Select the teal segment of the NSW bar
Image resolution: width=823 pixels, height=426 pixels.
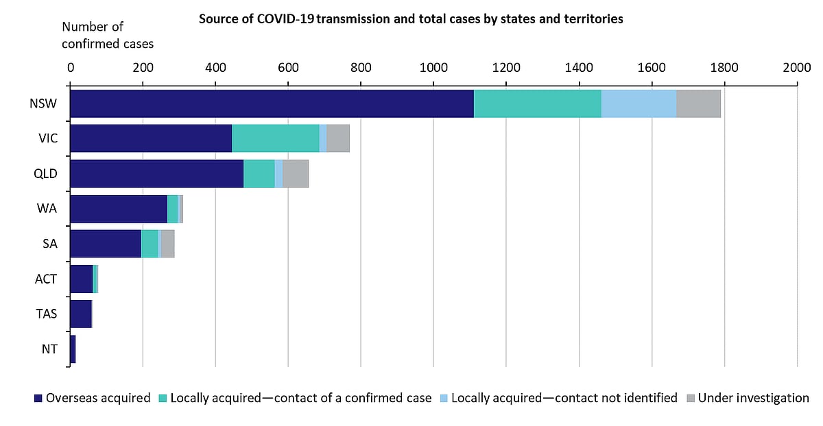[x=537, y=103]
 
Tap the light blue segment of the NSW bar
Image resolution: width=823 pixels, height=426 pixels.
[x=639, y=103]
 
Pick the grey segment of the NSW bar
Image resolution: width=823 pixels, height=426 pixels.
[x=698, y=103]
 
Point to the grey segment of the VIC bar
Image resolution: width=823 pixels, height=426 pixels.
[x=338, y=138]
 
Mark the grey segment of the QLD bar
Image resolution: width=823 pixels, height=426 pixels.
[x=296, y=174]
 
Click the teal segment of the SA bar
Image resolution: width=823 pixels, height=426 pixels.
[x=150, y=244]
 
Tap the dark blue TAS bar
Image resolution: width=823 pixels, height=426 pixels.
[x=80, y=314]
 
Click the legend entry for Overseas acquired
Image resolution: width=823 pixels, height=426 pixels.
[x=92, y=398]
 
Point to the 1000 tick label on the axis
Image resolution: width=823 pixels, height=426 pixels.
[x=433, y=67]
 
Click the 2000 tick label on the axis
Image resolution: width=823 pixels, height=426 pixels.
[x=797, y=67]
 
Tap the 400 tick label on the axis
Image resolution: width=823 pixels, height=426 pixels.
[x=215, y=67]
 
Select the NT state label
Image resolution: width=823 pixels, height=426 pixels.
[x=49, y=349]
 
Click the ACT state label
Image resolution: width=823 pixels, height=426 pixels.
[x=46, y=279]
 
